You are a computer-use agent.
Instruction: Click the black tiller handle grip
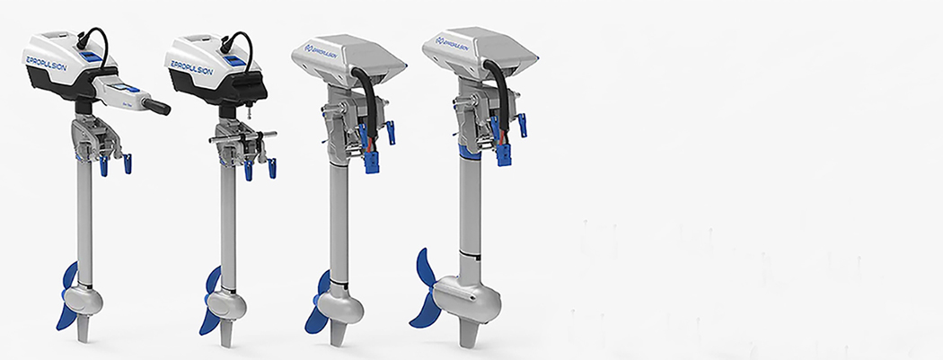(156, 107)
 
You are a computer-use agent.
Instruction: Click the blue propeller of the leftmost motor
(68, 297)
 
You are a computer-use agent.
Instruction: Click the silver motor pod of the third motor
(346, 304)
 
